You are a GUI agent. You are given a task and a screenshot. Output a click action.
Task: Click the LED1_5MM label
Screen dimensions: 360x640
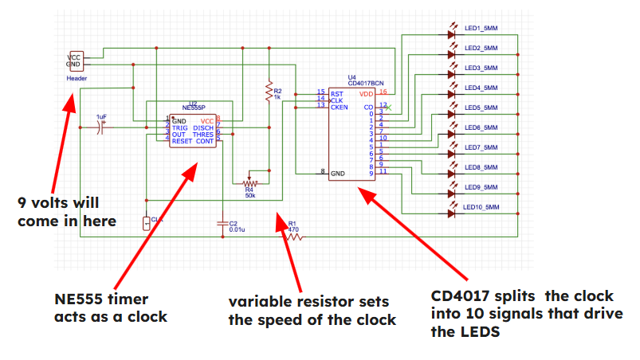(481, 29)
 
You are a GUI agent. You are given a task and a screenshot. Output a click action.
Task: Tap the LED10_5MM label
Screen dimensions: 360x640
(482, 207)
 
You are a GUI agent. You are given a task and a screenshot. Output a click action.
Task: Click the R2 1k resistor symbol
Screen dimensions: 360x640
(269, 93)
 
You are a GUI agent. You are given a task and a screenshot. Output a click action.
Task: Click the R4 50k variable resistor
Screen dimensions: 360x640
(249, 181)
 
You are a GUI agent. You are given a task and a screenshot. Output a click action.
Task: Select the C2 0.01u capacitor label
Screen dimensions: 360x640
(237, 226)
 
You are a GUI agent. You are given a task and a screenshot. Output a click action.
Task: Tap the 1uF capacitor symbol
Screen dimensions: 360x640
(101, 127)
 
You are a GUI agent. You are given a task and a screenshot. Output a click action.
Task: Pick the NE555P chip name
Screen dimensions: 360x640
(193, 107)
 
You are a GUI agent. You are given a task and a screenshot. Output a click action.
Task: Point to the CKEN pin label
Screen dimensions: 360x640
(339, 106)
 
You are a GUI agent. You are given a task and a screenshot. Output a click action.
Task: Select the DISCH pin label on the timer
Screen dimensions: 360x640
(202, 127)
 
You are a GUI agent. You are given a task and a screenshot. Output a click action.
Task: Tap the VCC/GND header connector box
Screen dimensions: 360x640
(74, 60)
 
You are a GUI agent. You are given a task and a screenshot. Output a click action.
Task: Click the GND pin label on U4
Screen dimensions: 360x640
(338, 172)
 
